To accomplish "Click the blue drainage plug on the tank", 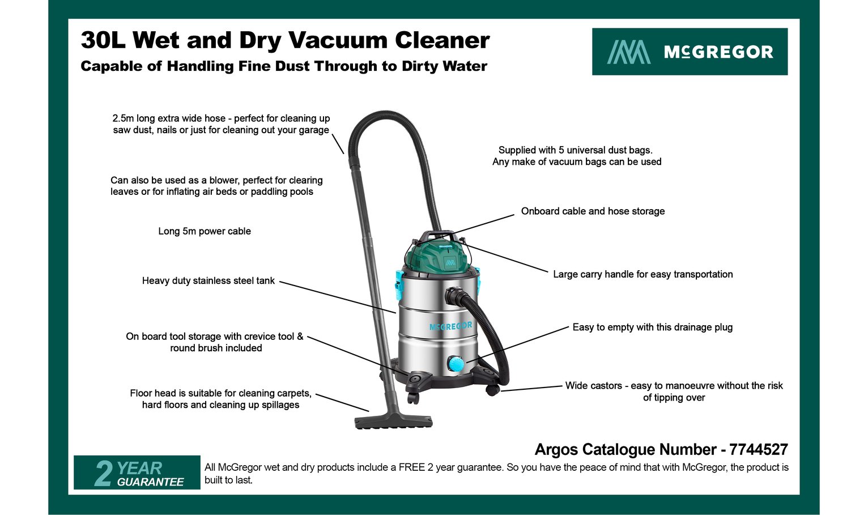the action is coord(456,364).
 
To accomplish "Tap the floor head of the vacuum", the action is coord(393,421).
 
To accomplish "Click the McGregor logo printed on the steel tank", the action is coord(450,326).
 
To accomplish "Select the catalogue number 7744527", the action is coord(758,449).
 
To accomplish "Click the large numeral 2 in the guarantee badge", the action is coord(103,473).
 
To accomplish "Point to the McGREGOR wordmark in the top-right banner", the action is coord(718,52).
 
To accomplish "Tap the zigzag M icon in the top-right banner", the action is coord(628,52).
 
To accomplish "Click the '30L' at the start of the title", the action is coord(103,40).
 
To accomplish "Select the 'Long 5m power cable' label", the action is coord(204,231).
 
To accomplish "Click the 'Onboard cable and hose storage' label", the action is coord(593,211).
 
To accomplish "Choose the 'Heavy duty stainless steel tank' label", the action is coord(208,280).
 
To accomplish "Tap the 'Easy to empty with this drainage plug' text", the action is coord(653,327).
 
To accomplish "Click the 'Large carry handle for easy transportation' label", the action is coord(643,274).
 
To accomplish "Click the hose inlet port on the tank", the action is coord(452,296).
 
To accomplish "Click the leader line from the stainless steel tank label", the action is coord(338,297).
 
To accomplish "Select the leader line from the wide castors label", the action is coord(531,388).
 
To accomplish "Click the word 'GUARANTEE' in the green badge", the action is coord(150,482).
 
